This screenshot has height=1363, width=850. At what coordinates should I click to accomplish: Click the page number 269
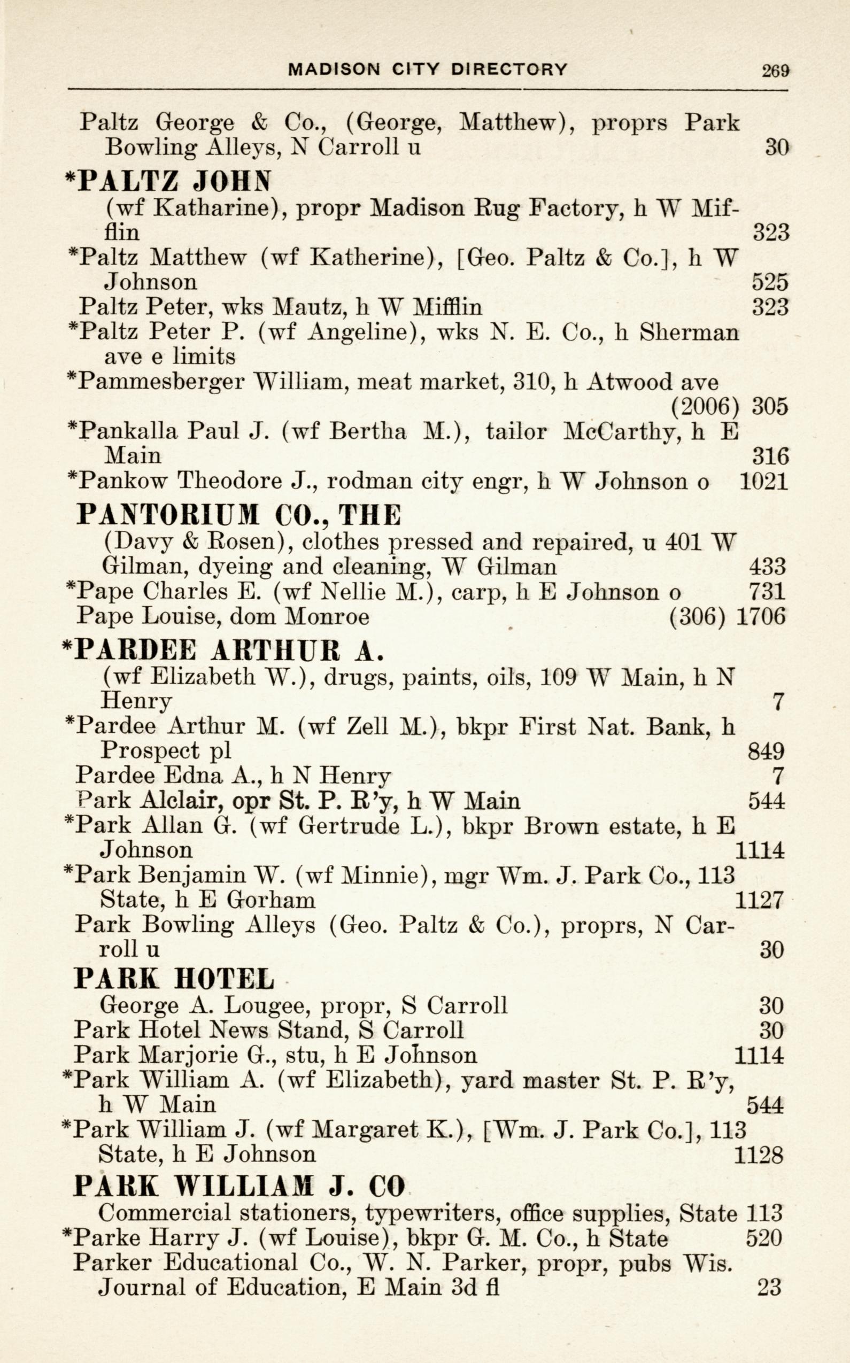pyautogui.click(x=775, y=70)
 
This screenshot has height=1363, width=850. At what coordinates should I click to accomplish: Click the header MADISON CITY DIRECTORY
pyautogui.click(x=428, y=69)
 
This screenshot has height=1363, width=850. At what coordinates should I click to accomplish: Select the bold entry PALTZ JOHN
pyautogui.click(x=168, y=181)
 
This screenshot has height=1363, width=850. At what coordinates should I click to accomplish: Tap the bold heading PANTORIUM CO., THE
pyautogui.click(x=239, y=514)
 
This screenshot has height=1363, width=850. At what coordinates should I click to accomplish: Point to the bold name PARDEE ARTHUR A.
pyautogui.click(x=222, y=650)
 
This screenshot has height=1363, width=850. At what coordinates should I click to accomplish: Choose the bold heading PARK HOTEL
pyautogui.click(x=174, y=979)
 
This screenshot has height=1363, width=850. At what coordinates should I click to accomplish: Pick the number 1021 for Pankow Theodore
pyautogui.click(x=763, y=482)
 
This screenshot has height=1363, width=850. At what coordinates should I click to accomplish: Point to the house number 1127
pyautogui.click(x=759, y=901)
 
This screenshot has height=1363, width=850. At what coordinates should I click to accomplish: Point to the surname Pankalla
pyautogui.click(x=129, y=431)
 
